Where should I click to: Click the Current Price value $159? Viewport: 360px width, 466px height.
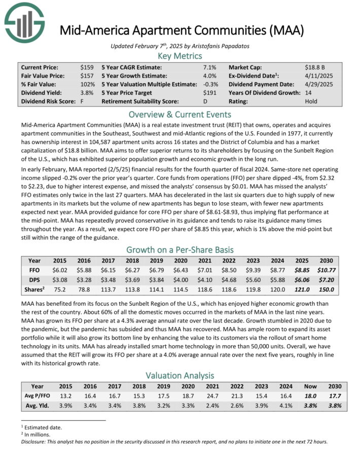click(86, 67)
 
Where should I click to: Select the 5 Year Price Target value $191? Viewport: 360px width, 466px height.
click(209, 93)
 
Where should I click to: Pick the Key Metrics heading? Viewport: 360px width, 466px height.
click(180, 56)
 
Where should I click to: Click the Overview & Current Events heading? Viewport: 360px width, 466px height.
click(180, 114)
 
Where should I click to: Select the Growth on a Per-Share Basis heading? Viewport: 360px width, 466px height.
click(180, 249)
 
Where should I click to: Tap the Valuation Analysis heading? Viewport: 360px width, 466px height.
click(180, 375)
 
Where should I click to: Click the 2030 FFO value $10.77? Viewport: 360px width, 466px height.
click(327, 270)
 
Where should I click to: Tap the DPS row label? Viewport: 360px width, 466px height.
click(34, 280)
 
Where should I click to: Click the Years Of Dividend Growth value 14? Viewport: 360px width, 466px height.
click(309, 93)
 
